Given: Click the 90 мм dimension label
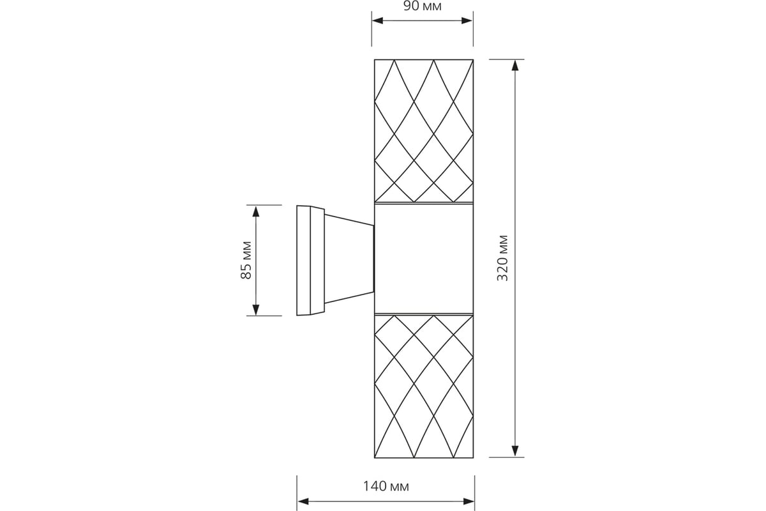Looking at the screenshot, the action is [x=423, y=6].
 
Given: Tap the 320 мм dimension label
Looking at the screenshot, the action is [x=503, y=258].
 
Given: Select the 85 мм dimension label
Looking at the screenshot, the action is [x=246, y=260].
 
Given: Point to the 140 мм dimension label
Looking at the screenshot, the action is [x=386, y=486].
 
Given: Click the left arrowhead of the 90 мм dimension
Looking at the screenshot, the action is [x=377, y=20].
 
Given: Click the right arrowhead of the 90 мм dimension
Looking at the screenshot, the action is [x=467, y=20].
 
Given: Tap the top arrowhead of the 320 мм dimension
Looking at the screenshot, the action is [x=515, y=65].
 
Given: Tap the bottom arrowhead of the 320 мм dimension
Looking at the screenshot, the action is [x=515, y=451].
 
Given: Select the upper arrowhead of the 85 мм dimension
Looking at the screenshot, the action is [x=256, y=211].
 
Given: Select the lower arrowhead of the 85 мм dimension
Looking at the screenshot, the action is [x=256, y=309].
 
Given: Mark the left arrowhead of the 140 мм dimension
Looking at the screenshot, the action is [x=303, y=501].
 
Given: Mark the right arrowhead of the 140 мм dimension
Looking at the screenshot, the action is [x=469, y=501].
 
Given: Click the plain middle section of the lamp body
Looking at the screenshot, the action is [x=424, y=259].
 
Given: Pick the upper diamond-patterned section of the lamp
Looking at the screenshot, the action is [x=424, y=131].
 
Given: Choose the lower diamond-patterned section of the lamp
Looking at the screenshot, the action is [x=424, y=386].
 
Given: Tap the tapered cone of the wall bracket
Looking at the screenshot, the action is [x=349, y=259].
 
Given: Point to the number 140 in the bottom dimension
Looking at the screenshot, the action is [x=375, y=486].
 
